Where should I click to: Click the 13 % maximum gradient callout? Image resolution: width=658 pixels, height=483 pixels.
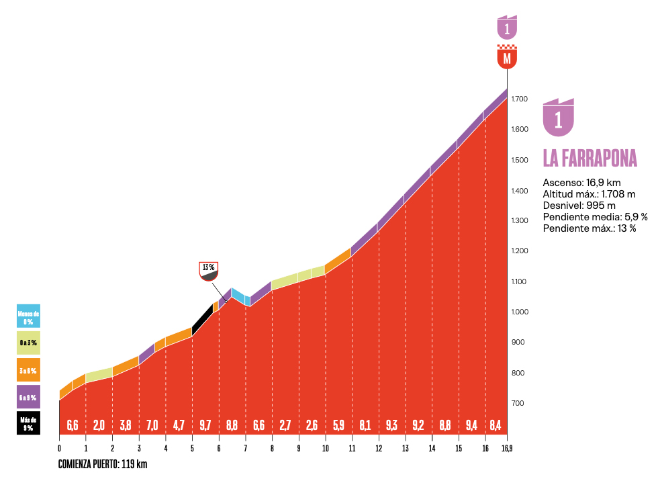click(209, 270)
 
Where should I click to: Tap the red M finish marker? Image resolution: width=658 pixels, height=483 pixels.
click(507, 57)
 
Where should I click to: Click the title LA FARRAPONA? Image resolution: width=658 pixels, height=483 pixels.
click(590, 159)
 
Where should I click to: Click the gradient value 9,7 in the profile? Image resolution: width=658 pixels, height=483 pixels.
click(205, 425)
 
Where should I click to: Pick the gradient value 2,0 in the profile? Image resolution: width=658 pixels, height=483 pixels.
click(99, 425)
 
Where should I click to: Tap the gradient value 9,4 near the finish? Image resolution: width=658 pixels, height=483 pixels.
click(471, 425)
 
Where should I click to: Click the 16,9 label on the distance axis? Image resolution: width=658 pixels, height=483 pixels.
click(507, 449)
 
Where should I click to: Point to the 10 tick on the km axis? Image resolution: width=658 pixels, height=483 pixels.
click(325, 449)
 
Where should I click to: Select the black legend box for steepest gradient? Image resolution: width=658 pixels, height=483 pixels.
click(28, 423)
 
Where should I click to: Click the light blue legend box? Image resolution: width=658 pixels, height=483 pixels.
click(28, 315)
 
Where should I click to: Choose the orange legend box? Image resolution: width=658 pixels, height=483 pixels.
click(28, 370)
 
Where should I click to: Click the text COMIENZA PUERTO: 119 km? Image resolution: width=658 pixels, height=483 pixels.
click(103, 464)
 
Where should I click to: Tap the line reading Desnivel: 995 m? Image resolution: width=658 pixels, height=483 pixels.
click(579, 206)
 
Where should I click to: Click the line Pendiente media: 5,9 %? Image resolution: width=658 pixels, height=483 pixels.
click(595, 217)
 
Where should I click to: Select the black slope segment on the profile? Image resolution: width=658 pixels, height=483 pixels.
click(202, 318)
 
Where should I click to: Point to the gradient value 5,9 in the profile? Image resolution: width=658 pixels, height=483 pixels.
click(338, 425)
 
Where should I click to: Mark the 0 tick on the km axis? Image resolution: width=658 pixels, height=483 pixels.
click(59, 449)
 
